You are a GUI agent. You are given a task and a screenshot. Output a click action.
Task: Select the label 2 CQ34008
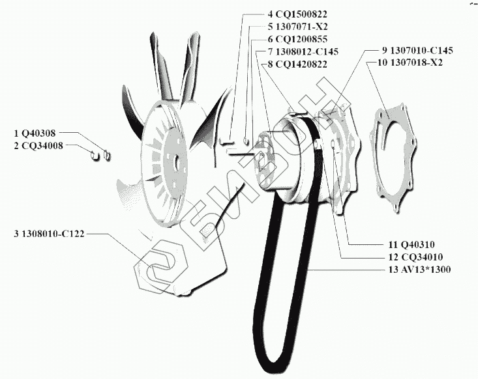click(38, 145)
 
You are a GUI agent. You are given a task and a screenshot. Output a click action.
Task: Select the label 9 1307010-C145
click(417, 50)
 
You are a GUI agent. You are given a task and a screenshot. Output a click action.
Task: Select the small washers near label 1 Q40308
click(101, 154)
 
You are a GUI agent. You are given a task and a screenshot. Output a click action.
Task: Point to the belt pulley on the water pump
click(287, 156)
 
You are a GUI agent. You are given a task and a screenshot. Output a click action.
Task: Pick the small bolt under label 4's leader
click(228, 140)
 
